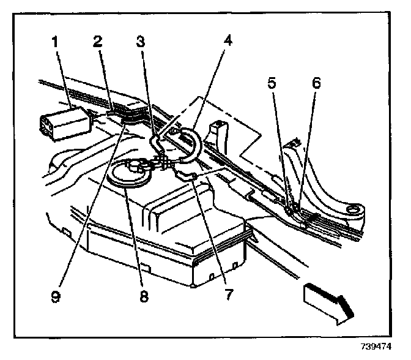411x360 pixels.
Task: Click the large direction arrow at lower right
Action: point(328,301)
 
